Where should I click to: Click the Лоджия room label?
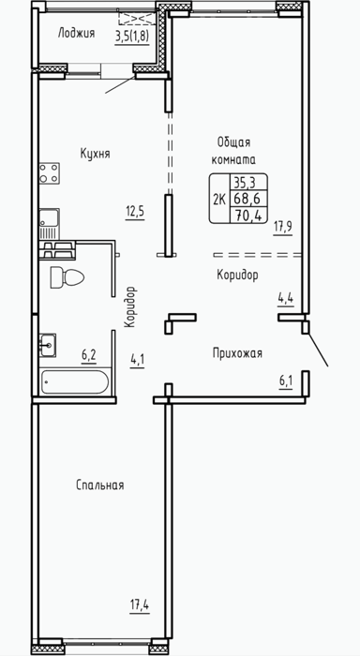click(x=76, y=33)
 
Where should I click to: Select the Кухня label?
click(x=95, y=154)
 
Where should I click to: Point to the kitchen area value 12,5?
click(x=135, y=211)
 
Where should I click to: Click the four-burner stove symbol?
click(x=49, y=172)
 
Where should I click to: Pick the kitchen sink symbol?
click(x=49, y=223)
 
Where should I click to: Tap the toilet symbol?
click(x=67, y=277)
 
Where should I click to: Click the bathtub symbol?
click(x=75, y=381)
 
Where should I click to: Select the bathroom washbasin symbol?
click(x=48, y=345)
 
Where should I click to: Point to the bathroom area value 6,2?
click(x=89, y=356)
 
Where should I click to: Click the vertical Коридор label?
click(x=130, y=306)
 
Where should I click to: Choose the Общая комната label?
click(x=234, y=152)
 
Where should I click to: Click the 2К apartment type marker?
click(x=219, y=199)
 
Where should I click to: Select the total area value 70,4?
click(x=247, y=215)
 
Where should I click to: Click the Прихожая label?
click(x=237, y=354)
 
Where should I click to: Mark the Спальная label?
click(x=100, y=485)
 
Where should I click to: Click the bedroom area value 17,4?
click(x=140, y=605)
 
